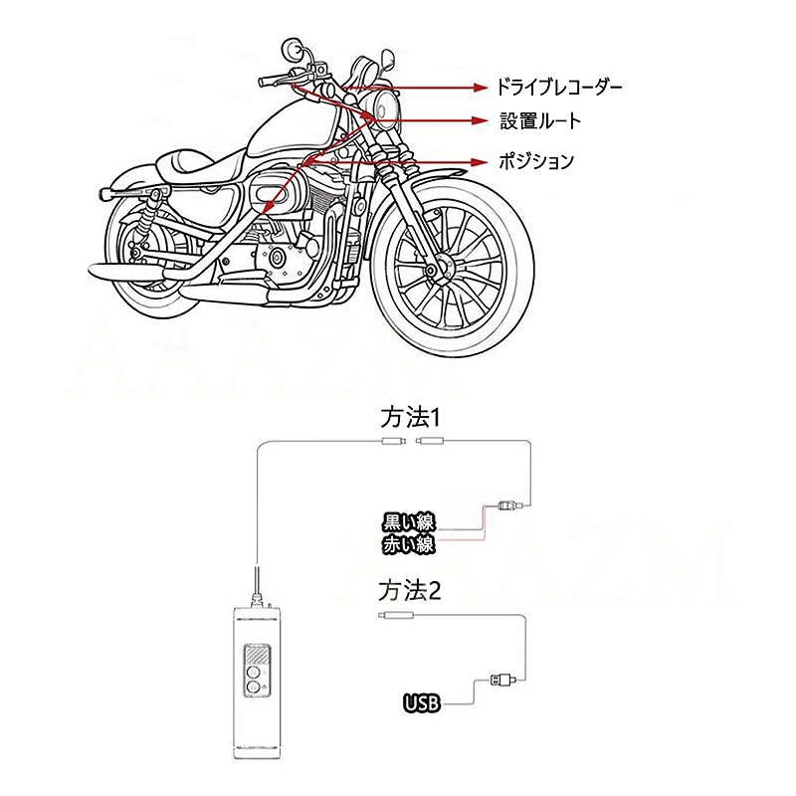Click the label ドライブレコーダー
[558, 88]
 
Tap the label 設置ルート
[540, 120]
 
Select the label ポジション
[536, 161]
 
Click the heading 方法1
[410, 418]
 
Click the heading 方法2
[410, 590]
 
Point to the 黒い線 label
[409, 522]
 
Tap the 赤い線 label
[409, 544]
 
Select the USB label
[422, 703]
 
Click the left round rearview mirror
[291, 48]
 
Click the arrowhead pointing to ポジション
[480, 162]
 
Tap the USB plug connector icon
[502, 679]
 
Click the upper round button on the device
[253, 674]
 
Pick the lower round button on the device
[253, 688]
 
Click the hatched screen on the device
[258, 655]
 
